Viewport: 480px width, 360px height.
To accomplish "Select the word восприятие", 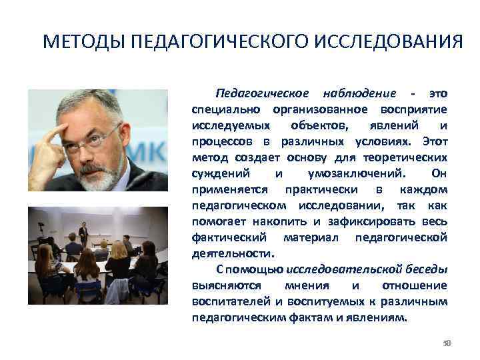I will [x=415, y=109].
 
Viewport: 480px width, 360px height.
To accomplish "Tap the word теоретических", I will [x=408, y=157].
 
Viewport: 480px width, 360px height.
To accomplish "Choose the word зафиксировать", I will [x=357, y=221].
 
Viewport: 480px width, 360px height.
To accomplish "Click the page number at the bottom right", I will [x=447, y=343].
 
